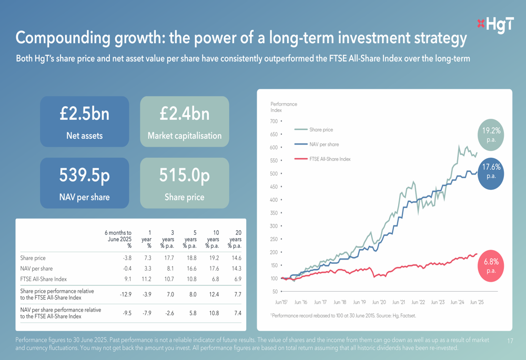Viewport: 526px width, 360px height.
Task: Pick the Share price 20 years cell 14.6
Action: [236, 258]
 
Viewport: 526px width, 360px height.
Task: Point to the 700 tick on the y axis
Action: [274, 121]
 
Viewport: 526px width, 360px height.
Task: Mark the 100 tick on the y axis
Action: [274, 279]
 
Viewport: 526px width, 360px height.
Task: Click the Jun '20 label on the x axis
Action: [379, 303]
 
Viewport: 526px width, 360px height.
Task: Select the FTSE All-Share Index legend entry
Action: [330, 159]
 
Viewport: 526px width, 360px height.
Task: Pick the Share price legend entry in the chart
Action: [321, 129]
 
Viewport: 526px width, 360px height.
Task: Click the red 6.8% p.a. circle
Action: [491, 266]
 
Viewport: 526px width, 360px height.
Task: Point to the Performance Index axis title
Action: [284, 107]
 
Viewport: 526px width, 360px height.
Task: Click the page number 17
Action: [510, 341]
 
